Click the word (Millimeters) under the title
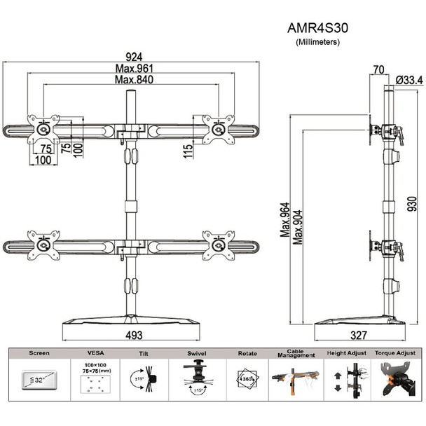point(317,42)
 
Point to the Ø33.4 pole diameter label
point(408,80)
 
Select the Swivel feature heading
point(195,355)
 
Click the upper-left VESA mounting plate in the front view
point(43,128)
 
